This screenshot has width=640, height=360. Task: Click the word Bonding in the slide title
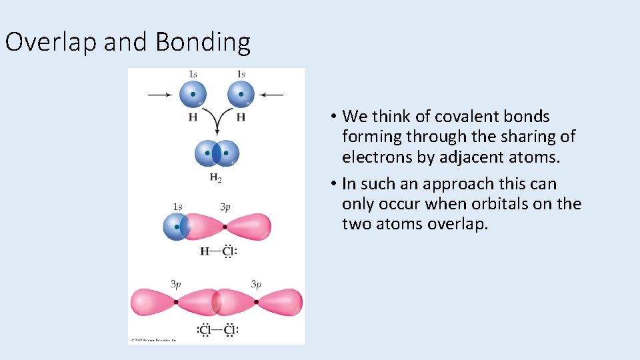point(203,42)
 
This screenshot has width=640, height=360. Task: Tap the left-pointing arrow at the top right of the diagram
point(271,95)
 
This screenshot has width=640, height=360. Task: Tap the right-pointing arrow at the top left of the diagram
point(160,95)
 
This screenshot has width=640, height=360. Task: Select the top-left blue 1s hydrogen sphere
point(193,94)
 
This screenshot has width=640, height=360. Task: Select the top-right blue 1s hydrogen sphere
point(241,94)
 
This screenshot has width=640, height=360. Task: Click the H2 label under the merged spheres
point(216,177)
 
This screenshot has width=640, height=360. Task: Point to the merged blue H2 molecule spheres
point(217,153)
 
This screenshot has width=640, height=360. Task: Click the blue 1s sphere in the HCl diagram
point(176,227)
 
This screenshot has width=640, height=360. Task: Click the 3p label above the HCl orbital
point(225,207)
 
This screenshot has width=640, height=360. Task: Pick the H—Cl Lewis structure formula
point(219,252)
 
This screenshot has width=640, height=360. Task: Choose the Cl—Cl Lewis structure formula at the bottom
point(218,330)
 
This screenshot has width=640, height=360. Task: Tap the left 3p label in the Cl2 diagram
point(176,285)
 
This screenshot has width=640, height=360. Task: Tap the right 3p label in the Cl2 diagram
point(256,285)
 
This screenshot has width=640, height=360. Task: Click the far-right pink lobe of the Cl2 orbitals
point(280,302)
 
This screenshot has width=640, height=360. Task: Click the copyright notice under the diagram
point(153,340)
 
